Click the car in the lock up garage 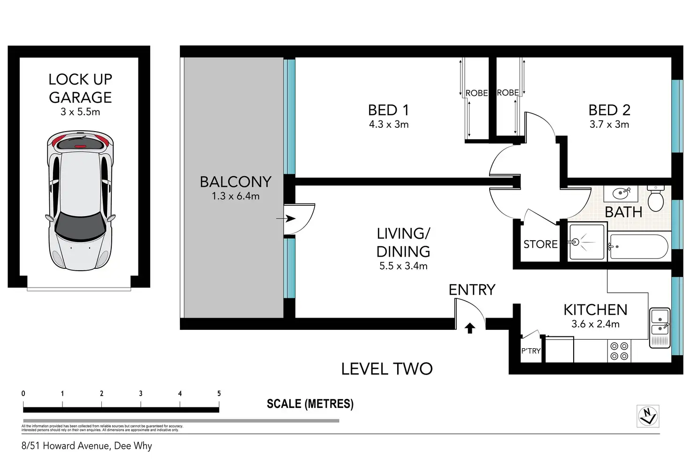coord(80,201)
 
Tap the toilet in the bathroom coord(655,199)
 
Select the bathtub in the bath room coord(638,246)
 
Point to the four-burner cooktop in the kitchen coord(619,351)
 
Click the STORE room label coord(540,244)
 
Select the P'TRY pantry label coord(531,351)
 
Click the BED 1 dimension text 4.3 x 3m coord(389,125)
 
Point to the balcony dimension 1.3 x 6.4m coord(235,196)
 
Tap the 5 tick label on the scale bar coord(219,394)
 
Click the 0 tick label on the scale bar coord(23,394)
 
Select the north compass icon coord(648,416)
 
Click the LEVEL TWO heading coord(387,369)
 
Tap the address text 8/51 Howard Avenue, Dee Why coord(87,446)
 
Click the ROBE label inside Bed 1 coord(476,93)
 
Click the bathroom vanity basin coord(624,192)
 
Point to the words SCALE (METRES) coord(310,404)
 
